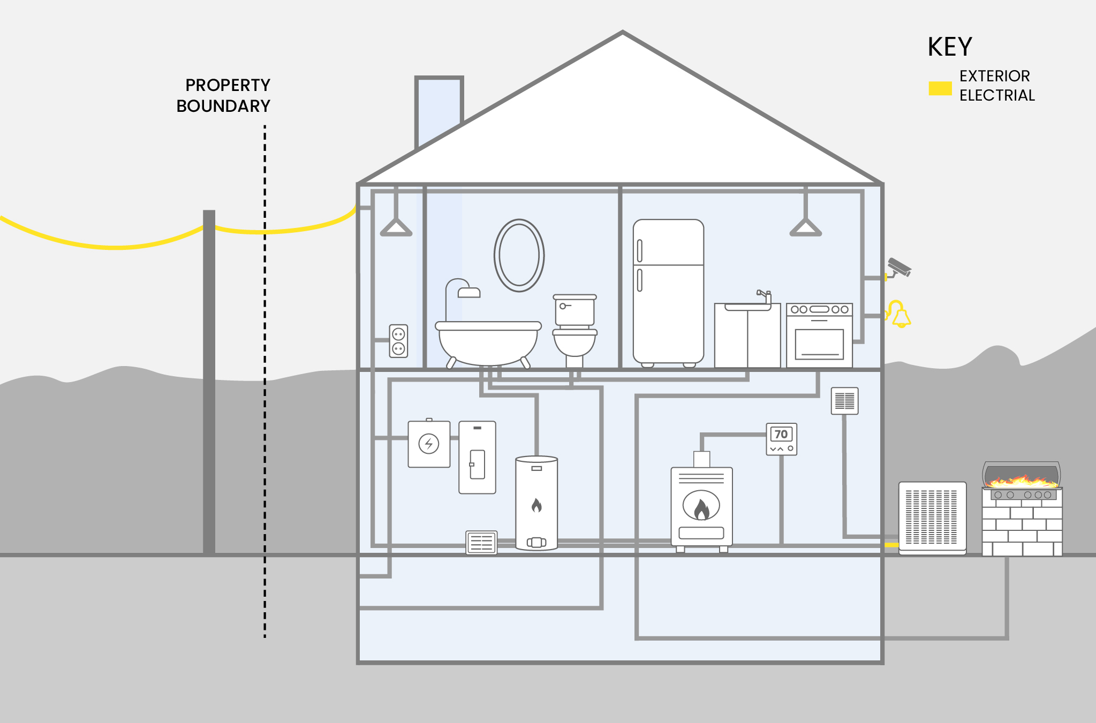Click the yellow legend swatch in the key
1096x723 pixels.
coord(940,88)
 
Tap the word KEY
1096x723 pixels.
coord(949,47)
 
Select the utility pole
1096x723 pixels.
coord(209,375)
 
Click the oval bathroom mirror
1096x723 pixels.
coord(519,255)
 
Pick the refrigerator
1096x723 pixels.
coord(668,292)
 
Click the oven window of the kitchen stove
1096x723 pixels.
coord(819,344)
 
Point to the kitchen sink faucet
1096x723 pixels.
coord(764,295)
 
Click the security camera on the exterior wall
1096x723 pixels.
coord(900,267)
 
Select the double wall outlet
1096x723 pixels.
coord(398,341)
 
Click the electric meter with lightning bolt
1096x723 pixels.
coord(429,444)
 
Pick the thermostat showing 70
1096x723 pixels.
coord(782,439)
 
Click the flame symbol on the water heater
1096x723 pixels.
coord(536,505)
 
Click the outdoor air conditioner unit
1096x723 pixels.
coord(932,517)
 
